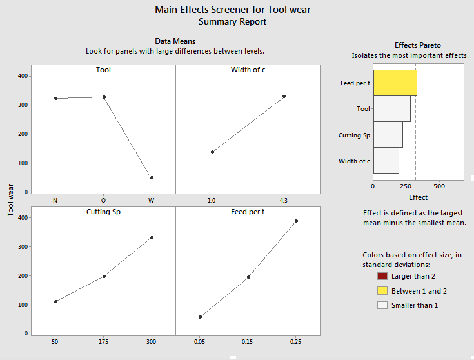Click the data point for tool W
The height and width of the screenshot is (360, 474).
point(152,177)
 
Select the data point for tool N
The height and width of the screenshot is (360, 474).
point(56,98)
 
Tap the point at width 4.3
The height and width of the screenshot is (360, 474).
point(284,96)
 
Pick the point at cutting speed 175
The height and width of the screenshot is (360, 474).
point(104,276)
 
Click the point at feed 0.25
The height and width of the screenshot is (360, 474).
point(296,221)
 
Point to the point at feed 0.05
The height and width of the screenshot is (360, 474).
point(201,317)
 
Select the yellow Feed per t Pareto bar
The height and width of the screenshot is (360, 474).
point(395,83)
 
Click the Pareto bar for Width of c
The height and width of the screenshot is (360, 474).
point(386,161)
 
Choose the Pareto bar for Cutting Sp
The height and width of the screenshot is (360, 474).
point(388,135)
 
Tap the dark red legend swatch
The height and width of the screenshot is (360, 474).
point(382,276)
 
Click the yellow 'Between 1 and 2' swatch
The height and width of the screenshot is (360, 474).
point(382,290)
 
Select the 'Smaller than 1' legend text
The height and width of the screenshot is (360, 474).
point(415,305)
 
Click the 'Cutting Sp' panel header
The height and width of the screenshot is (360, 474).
point(103,212)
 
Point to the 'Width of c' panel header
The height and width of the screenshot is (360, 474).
point(248,70)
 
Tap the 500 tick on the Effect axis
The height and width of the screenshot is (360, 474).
point(440,186)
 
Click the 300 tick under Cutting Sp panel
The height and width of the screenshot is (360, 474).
point(152,342)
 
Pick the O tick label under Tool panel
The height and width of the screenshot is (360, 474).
point(104,200)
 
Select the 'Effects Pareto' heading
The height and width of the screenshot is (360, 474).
point(418,45)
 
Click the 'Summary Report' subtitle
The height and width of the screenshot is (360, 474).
point(232,21)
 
